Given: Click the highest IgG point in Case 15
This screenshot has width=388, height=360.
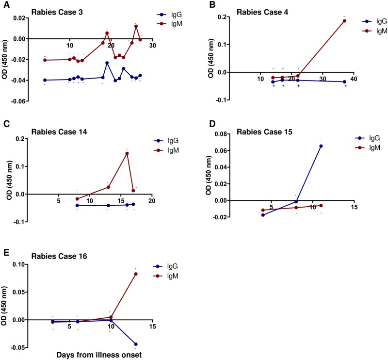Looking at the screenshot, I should click(321, 146).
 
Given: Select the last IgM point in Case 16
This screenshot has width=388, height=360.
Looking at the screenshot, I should click(136, 274).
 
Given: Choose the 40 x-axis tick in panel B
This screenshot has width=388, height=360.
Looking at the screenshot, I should click(354, 79).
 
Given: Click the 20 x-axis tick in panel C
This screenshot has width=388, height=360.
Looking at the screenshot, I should click(151, 201).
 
